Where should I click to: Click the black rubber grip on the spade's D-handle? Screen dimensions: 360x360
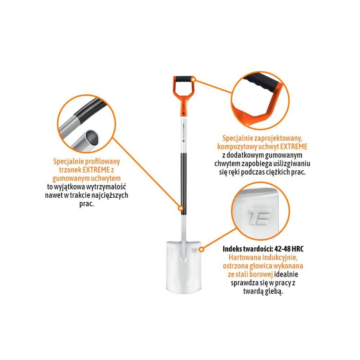[184, 79]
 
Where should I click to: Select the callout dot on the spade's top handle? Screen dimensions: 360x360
[194, 80]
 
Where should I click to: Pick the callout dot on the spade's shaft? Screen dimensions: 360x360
[181, 208]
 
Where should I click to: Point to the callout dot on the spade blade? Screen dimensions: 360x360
[201, 249]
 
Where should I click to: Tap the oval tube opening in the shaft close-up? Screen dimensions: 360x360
[91, 138]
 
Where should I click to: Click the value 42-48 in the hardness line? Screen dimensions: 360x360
[283, 249]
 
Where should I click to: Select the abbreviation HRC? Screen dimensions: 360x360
[299, 249]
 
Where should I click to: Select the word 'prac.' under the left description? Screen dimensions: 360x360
[86, 204]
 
